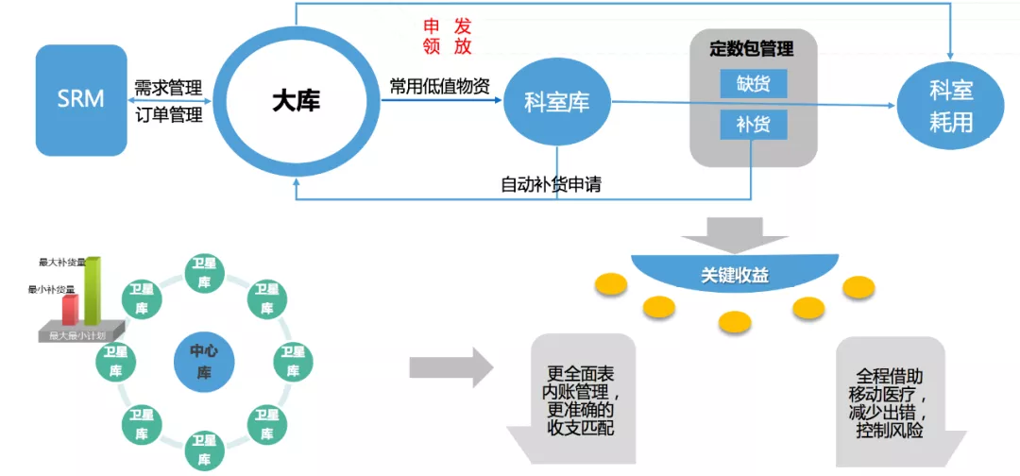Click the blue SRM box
click(80, 99)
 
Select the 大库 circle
click(296, 100)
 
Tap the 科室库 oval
click(556, 102)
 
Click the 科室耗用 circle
click(950, 106)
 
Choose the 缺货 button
click(753, 84)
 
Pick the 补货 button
click(753, 124)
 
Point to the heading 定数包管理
click(752, 48)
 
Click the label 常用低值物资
click(440, 86)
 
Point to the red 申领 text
click(432, 36)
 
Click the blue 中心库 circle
click(203, 362)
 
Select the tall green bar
click(93, 291)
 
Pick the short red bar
click(70, 309)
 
